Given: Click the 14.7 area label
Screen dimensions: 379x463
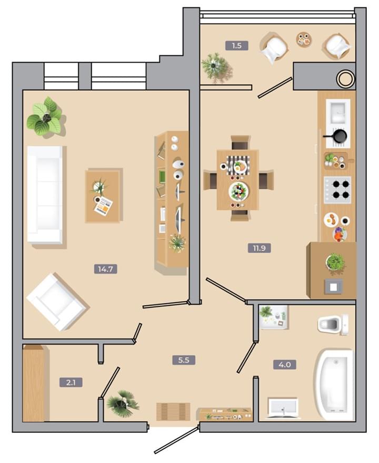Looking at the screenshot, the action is [105, 269].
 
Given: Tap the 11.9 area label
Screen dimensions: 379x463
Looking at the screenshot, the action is [260, 248].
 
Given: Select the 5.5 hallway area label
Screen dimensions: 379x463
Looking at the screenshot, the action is [184, 360].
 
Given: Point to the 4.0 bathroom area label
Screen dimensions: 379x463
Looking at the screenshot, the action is [285, 364].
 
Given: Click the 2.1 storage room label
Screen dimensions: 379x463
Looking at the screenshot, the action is [71, 382].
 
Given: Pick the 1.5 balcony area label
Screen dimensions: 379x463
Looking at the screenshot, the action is [237, 45].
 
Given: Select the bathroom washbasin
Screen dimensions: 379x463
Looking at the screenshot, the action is [283, 408].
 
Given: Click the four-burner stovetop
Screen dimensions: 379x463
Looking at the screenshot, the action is [337, 189].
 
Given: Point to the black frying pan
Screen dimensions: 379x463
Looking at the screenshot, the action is [337, 136].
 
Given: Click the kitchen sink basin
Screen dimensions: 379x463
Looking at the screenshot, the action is [338, 112].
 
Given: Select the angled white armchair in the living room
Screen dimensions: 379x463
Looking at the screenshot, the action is [56, 302].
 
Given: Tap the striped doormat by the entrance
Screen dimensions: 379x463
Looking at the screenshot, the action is [173, 411].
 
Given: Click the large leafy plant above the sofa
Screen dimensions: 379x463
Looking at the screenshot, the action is [45, 117].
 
